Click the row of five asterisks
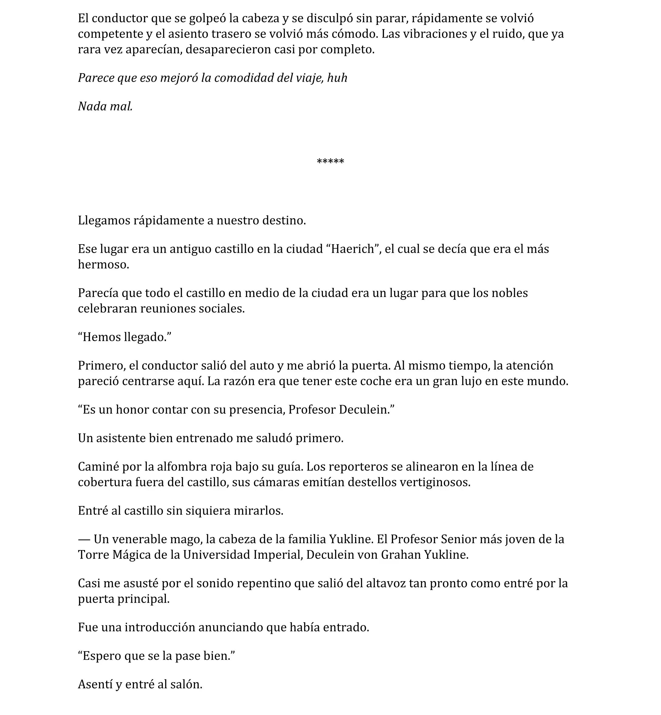[x=330, y=162]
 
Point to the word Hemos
[x=101, y=337]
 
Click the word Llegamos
[x=104, y=221]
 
